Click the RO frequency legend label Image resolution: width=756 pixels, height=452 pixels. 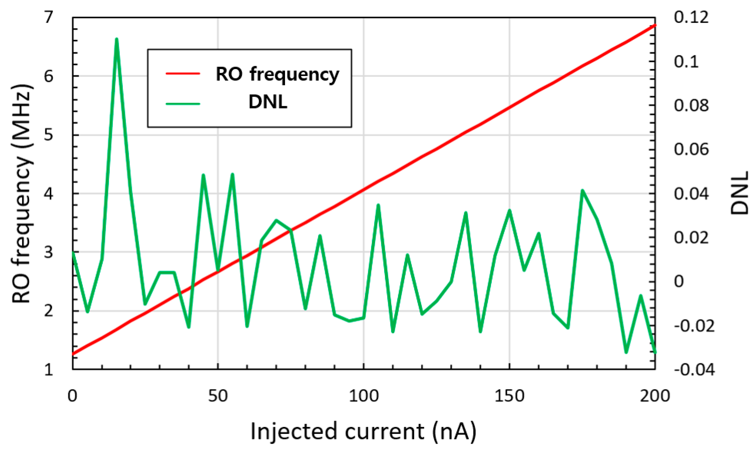(277, 74)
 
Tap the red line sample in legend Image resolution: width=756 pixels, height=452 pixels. (183, 73)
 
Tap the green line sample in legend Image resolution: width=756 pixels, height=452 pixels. (183, 103)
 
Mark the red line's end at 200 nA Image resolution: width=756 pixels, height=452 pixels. (655, 25)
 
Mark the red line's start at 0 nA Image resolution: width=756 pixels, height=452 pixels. (73, 354)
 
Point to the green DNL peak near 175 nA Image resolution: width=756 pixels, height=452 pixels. (582, 191)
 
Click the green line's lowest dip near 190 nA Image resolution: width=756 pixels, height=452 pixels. (626, 353)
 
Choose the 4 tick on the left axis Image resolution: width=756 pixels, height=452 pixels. (49, 193)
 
